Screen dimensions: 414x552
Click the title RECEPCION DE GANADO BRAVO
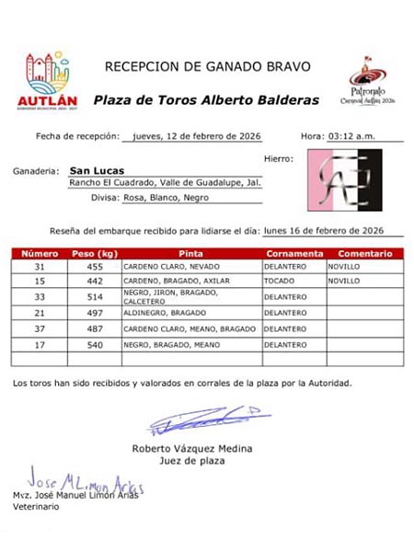click(x=208, y=66)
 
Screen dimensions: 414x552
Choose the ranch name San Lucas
click(x=97, y=170)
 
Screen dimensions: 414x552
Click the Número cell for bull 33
click(x=40, y=297)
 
